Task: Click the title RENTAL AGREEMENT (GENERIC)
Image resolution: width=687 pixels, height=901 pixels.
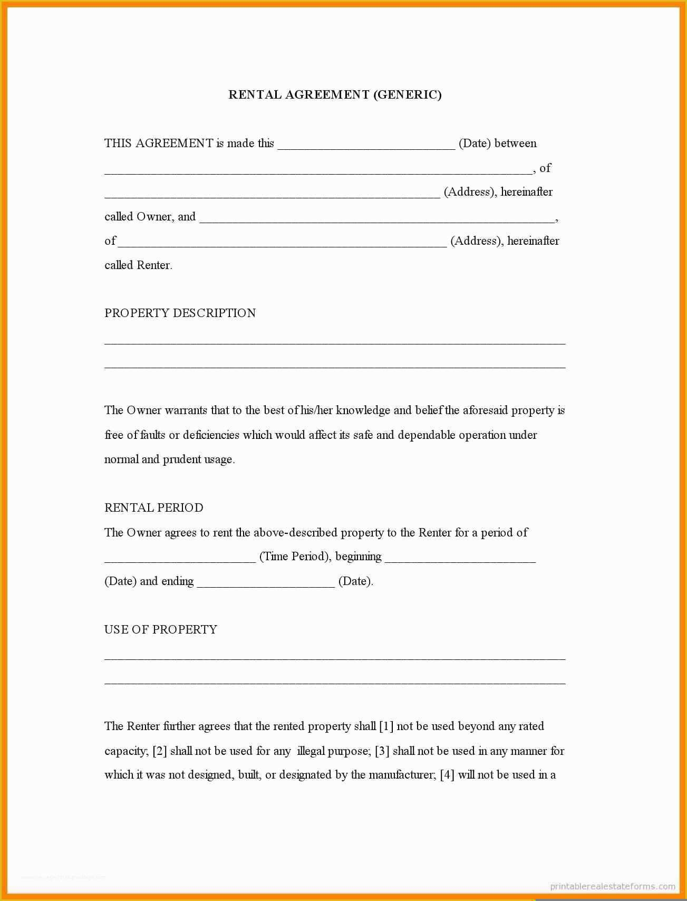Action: [335, 95]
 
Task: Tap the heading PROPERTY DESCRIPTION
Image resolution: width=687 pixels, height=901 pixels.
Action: [180, 313]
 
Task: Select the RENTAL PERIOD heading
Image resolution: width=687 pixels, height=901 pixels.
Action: [154, 507]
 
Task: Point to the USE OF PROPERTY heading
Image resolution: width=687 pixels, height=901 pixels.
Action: [161, 629]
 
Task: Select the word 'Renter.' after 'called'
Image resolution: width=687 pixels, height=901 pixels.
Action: [155, 265]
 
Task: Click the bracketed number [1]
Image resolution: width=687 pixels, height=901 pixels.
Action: [386, 726]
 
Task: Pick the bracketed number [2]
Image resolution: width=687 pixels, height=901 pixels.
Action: [160, 751]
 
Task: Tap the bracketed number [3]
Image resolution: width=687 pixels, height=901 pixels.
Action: [382, 751]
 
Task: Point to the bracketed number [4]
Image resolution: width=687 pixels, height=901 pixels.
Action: [447, 775]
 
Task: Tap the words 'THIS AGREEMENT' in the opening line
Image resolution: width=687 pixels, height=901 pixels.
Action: [159, 143]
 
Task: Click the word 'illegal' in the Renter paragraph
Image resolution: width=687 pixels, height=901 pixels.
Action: [311, 751]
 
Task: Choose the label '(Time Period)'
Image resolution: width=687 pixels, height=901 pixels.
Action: [294, 557]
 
